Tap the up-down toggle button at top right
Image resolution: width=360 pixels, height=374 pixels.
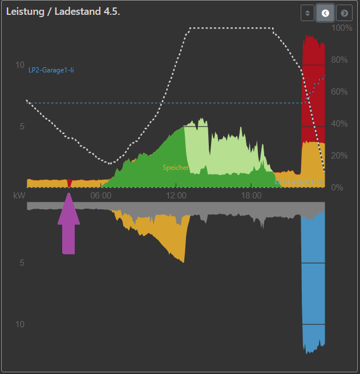coord(308,13)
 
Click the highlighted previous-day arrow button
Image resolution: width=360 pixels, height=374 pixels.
coord(326,13)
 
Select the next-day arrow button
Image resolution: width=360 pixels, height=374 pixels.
coord(344,13)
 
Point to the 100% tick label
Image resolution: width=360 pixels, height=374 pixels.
coord(341,28)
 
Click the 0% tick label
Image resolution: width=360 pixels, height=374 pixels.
coord(337,188)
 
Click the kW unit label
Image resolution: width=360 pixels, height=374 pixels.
coord(19,196)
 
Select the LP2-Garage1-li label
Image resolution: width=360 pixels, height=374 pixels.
coord(51,71)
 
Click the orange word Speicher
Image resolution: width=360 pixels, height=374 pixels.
coord(175,168)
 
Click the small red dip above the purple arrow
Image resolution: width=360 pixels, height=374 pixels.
coord(69,182)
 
